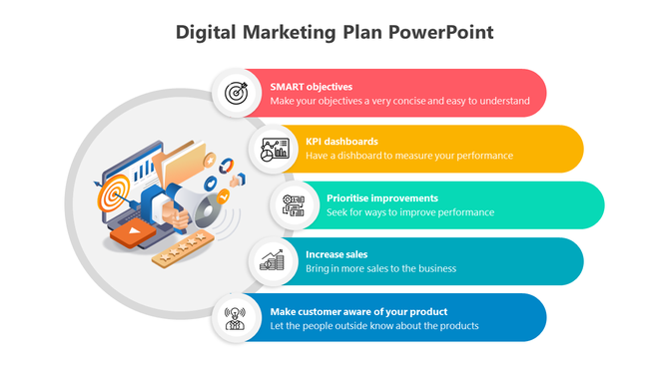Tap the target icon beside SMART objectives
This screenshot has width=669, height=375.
(236, 93)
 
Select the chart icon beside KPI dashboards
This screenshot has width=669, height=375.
(273, 150)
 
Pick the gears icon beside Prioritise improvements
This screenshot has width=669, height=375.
(295, 204)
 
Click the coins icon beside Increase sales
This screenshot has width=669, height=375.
(272, 261)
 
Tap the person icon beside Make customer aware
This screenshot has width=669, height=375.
(236, 317)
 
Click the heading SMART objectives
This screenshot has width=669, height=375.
(311, 87)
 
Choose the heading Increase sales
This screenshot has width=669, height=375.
(336, 254)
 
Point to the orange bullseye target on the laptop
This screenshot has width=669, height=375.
(112, 193)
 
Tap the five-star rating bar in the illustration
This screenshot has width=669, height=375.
(185, 247)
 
